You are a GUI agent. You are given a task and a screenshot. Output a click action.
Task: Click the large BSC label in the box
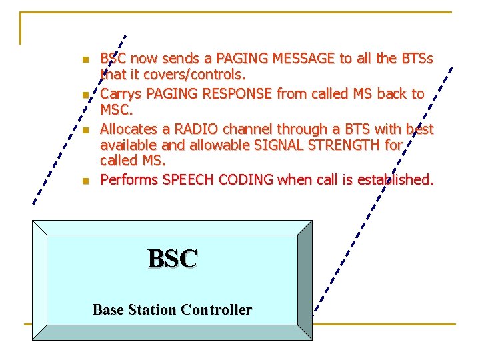point(173,259)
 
